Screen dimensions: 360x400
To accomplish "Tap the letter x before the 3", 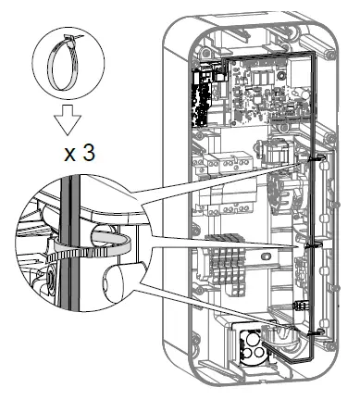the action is pyautogui.click(x=69, y=155).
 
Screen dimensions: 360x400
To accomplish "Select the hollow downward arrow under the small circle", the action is pyautogui.click(x=68, y=120).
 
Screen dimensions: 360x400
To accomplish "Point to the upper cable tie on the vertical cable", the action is pyautogui.click(x=317, y=158).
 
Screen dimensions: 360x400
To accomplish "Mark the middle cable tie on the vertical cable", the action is pyautogui.click(x=313, y=245).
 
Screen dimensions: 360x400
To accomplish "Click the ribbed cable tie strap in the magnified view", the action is pyautogui.click(x=90, y=247).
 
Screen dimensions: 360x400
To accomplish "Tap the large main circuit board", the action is pyautogui.click(x=267, y=93).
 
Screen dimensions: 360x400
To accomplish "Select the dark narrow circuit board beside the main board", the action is pyautogui.click(x=201, y=99).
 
